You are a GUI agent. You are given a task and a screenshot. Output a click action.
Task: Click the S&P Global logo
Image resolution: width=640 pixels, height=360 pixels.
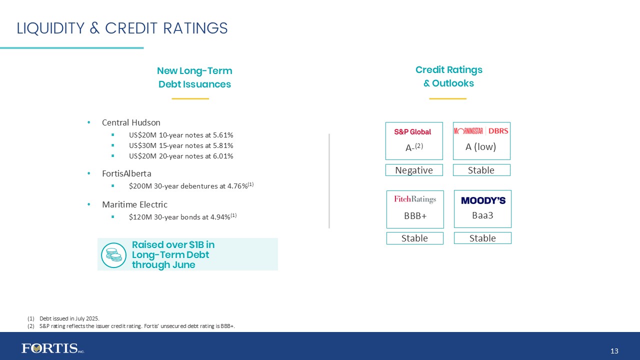click(412, 132)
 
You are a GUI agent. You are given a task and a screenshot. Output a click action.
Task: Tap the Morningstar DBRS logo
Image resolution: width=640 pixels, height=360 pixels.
click(481, 131)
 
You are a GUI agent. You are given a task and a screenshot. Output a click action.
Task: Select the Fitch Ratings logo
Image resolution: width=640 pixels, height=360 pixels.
click(414, 199)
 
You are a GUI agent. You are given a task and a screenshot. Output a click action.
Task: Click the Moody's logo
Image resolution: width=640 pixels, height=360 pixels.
click(483, 200)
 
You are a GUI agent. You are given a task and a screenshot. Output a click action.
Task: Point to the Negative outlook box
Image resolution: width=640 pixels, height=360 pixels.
click(414, 170)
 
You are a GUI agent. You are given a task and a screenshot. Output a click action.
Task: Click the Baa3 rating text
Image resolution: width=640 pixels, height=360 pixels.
click(482, 215)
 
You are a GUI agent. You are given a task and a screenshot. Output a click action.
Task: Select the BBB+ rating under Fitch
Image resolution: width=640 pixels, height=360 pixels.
click(414, 216)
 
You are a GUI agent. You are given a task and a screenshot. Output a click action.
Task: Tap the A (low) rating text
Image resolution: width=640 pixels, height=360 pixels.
click(480, 147)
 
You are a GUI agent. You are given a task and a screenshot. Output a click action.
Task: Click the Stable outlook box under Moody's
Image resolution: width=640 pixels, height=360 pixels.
click(482, 238)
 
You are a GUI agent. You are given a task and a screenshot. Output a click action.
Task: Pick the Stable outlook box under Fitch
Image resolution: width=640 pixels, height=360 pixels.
click(414, 238)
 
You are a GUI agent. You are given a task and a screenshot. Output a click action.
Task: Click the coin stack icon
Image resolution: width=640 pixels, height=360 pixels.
click(113, 255)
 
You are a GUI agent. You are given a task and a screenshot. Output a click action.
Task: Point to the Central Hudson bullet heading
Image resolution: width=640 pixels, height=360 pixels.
click(131, 122)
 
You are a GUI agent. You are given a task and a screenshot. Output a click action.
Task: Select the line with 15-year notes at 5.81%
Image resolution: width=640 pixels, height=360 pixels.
click(181, 145)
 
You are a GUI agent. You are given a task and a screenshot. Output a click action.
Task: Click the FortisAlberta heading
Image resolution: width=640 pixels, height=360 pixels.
click(126, 174)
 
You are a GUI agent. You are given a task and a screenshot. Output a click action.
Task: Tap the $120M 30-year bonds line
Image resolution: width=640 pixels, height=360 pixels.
click(182, 216)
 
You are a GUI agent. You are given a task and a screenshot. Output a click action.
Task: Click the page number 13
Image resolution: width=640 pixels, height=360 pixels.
click(614, 351)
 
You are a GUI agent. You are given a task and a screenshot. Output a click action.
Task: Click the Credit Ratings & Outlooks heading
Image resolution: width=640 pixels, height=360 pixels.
click(448, 76)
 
